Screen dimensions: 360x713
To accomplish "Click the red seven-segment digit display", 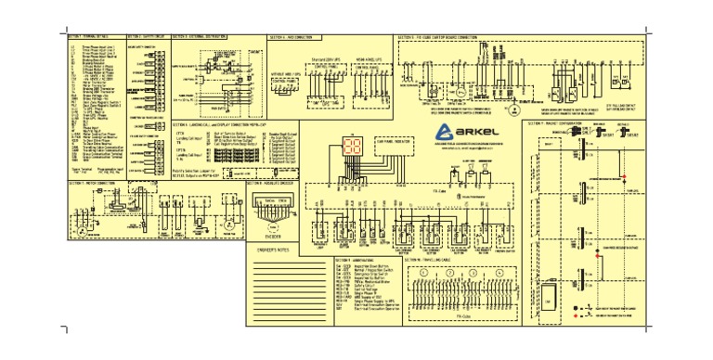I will (354, 146).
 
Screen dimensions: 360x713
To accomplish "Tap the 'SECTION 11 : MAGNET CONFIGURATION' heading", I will (555, 122).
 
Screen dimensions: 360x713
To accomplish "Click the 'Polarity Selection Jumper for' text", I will (201, 172).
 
